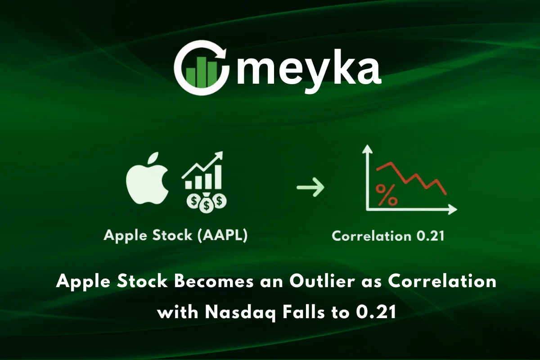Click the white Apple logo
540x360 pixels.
tap(148, 184)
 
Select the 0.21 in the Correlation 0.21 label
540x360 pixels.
tap(429, 236)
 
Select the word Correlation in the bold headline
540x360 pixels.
tap(442, 282)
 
